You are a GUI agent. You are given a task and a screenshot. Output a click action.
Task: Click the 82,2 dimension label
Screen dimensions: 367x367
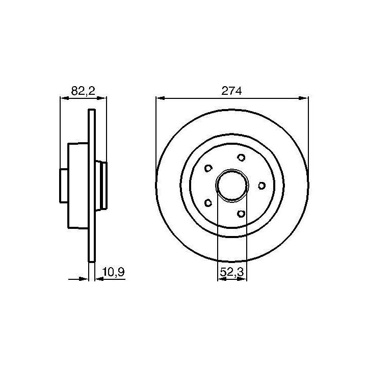pyautogui.click(x=83, y=91)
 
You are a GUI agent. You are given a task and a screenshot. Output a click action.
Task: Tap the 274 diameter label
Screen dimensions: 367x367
pyautogui.click(x=231, y=91)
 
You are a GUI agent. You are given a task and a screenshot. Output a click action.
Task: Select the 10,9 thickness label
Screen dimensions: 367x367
pyautogui.click(x=114, y=272)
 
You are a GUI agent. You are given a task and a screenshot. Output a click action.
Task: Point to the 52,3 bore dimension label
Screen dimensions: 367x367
pyautogui.click(x=232, y=272)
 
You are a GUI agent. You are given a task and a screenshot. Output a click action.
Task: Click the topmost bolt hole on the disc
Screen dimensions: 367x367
pyautogui.click(x=241, y=158)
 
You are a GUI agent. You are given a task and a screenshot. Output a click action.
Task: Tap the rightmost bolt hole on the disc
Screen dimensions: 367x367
pyautogui.click(x=261, y=186)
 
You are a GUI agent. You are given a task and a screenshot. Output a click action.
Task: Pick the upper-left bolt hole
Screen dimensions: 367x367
pyautogui.click(x=208, y=168)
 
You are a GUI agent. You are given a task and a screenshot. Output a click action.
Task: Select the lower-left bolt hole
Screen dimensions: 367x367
pyautogui.click(x=208, y=203)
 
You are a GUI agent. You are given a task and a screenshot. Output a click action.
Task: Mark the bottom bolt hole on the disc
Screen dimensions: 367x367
pyautogui.click(x=241, y=214)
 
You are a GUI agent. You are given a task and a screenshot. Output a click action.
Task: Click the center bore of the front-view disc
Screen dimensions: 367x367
pyautogui.click(x=232, y=186)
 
